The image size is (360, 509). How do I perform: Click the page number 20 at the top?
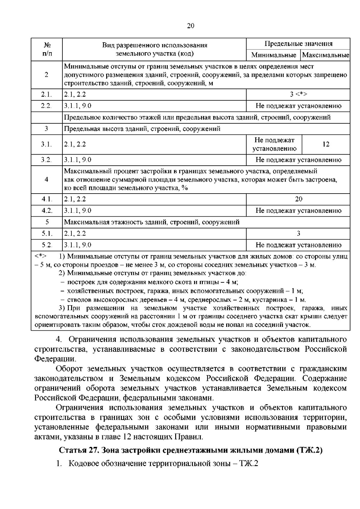pyautogui.click(x=190, y=26)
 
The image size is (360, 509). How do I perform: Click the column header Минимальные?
pyautogui.click(x=274, y=55)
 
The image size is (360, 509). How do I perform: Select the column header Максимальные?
pyautogui.click(x=325, y=55)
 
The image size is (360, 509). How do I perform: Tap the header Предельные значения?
pyautogui.click(x=298, y=44)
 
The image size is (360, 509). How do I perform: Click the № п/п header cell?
pyautogui.click(x=46, y=50)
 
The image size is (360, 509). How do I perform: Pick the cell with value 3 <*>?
pyautogui.click(x=298, y=94)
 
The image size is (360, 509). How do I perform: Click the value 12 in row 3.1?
pyautogui.click(x=326, y=144)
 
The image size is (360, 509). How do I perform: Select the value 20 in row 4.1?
pyautogui.click(x=298, y=199)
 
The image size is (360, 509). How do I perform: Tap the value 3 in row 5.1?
pyautogui.click(x=298, y=233)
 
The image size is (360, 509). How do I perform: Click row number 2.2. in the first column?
pyautogui.click(x=46, y=106)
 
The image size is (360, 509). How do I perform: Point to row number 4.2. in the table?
pyautogui.click(x=46, y=211)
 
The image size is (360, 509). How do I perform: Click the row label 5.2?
pyautogui.click(x=46, y=245)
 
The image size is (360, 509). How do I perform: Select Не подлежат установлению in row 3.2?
pyautogui.click(x=298, y=160)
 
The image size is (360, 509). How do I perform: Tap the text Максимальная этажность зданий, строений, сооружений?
pyautogui.click(x=152, y=222)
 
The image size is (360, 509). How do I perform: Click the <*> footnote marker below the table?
pyautogui.click(x=40, y=256)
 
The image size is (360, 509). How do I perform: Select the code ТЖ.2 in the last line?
pyautogui.click(x=249, y=464)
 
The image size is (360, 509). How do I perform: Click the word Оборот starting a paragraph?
pyautogui.click(x=70, y=369)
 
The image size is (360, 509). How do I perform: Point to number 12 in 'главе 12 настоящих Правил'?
pyautogui.click(x=127, y=437)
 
